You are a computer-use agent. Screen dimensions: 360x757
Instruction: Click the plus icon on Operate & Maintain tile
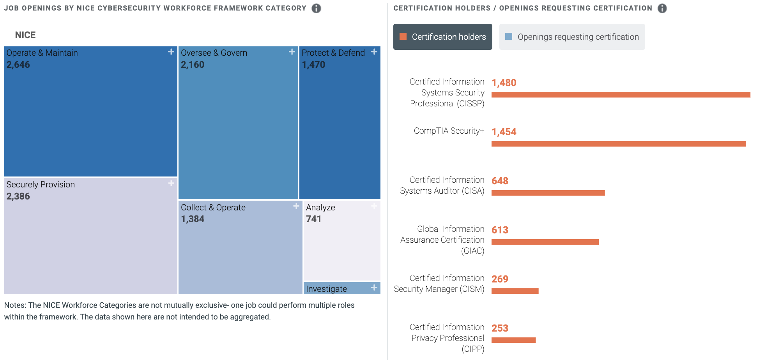pyautogui.click(x=171, y=52)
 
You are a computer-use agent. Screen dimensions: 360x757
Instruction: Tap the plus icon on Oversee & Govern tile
pyautogui.click(x=292, y=52)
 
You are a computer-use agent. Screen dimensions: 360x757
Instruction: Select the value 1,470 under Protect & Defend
pyautogui.click(x=313, y=65)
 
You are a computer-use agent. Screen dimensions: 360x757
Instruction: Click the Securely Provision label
pyautogui.click(x=41, y=184)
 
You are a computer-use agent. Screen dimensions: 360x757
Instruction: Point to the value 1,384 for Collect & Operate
pyautogui.click(x=193, y=219)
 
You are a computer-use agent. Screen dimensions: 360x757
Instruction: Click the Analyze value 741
pyautogui.click(x=313, y=219)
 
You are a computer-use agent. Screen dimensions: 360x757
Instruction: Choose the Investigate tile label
pyautogui.click(x=326, y=289)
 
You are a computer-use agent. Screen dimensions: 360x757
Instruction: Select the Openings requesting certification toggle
pyautogui.click(x=572, y=37)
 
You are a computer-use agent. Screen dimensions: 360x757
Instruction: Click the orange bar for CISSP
pyautogui.click(x=621, y=95)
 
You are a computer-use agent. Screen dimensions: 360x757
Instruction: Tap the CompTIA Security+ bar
pyautogui.click(x=618, y=144)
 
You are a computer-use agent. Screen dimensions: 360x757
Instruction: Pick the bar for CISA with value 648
pyautogui.click(x=548, y=193)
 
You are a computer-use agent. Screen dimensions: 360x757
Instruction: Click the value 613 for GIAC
pyautogui.click(x=500, y=230)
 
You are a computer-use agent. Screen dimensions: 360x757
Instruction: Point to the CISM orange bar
pyautogui.click(x=515, y=291)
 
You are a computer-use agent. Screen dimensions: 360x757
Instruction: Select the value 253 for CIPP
pyautogui.click(x=500, y=328)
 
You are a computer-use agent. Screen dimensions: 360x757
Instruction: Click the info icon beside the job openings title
pyautogui.click(x=316, y=8)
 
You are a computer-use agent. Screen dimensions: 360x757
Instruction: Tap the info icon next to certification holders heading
pyautogui.click(x=662, y=8)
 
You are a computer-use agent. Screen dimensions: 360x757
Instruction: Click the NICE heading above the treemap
pyautogui.click(x=25, y=35)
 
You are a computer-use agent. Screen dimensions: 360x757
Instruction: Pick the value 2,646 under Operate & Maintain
pyautogui.click(x=18, y=65)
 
